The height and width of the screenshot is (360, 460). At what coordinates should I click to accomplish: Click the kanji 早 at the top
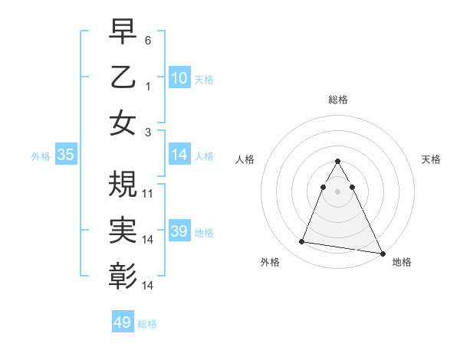pos(123,32)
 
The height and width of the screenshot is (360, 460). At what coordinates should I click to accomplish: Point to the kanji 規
pos(123,184)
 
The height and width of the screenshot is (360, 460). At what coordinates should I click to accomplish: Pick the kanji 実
pos(123,230)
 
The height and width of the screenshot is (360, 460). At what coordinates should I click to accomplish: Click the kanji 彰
pos(123,276)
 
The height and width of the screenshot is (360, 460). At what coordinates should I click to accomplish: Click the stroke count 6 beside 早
pos(147,39)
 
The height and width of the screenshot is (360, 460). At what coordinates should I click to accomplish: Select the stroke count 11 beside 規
pos(148,193)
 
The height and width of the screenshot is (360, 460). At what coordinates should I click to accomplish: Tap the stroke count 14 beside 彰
pos(148,285)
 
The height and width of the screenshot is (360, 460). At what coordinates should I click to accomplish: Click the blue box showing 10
pos(179,77)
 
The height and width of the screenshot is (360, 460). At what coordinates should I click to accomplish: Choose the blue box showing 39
pos(179,231)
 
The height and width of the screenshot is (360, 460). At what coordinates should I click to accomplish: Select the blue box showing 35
pos(66,155)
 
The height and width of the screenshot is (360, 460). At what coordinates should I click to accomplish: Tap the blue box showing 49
pos(123,322)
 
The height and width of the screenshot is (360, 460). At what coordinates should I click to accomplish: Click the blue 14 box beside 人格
pos(179,155)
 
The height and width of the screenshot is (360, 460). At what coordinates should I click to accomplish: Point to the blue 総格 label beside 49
pos(147,324)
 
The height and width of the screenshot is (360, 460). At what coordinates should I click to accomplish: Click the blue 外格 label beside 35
pos(41,156)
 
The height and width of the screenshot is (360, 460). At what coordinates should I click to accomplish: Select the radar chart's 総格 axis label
pos(337,100)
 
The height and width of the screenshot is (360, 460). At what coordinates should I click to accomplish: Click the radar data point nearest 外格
pos(301,242)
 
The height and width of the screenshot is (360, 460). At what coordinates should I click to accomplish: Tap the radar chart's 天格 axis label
pos(431,159)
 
